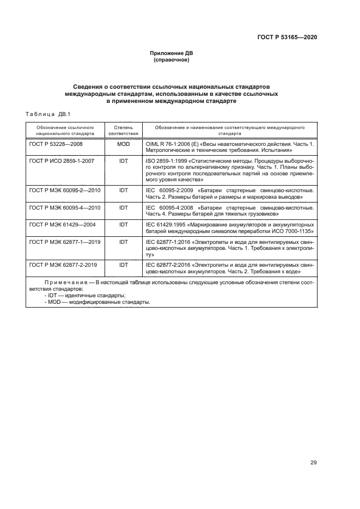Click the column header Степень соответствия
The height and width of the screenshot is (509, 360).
(123, 130)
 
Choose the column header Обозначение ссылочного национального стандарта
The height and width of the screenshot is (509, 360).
(65, 130)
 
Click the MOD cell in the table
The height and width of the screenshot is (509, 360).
(123, 143)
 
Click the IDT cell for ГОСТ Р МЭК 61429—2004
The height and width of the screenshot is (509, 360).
(123, 224)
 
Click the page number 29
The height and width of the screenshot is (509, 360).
(313, 463)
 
